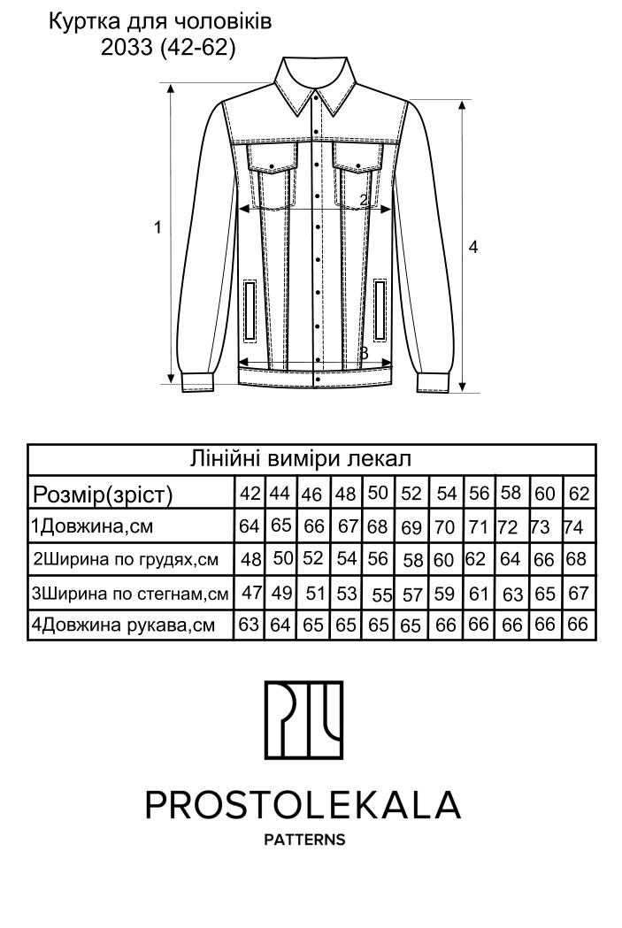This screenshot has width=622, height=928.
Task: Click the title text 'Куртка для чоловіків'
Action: coord(159,22)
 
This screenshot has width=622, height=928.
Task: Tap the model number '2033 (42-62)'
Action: coord(168,49)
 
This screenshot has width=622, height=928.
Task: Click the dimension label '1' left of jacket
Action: coord(157,227)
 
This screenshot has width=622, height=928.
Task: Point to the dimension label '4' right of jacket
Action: coord(473,248)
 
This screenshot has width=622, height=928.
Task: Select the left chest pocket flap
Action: coord(272,158)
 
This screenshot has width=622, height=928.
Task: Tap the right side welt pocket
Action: coord(380,310)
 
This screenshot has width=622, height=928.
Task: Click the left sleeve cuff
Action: coord(199,382)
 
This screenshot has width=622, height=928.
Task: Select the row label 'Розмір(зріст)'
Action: coord(102,493)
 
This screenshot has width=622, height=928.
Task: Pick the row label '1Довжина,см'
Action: coord(93,527)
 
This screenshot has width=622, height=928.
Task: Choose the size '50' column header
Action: coord(379,492)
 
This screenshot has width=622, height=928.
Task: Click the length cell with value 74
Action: coord(573,527)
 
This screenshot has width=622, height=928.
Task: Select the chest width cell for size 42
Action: coord(250,559)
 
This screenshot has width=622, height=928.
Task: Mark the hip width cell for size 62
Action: coord(578,593)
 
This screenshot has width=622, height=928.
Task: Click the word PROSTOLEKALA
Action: coord(303,804)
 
